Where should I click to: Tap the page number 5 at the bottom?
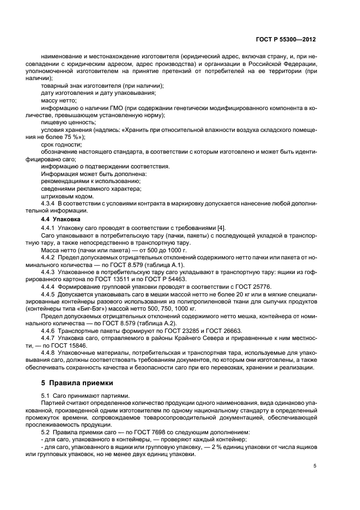click(x=315, y=466)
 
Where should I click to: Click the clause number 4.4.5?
click(x=50, y=294)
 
